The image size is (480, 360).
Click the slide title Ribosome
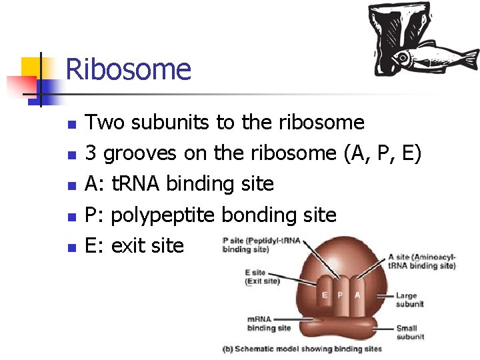click(x=129, y=69)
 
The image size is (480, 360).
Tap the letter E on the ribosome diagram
click(x=325, y=295)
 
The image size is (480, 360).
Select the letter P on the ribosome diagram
click(x=341, y=295)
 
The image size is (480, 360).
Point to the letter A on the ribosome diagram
click(x=357, y=295)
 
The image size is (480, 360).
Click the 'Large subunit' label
click(x=409, y=300)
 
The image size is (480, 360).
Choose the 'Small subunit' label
click(x=409, y=332)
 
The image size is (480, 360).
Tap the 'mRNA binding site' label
click(x=269, y=323)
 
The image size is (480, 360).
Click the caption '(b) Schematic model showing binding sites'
click(x=301, y=349)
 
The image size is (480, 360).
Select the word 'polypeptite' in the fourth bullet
click(x=163, y=215)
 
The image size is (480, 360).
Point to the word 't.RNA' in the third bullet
click(x=135, y=184)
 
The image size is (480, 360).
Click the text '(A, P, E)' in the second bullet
click(x=382, y=154)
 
